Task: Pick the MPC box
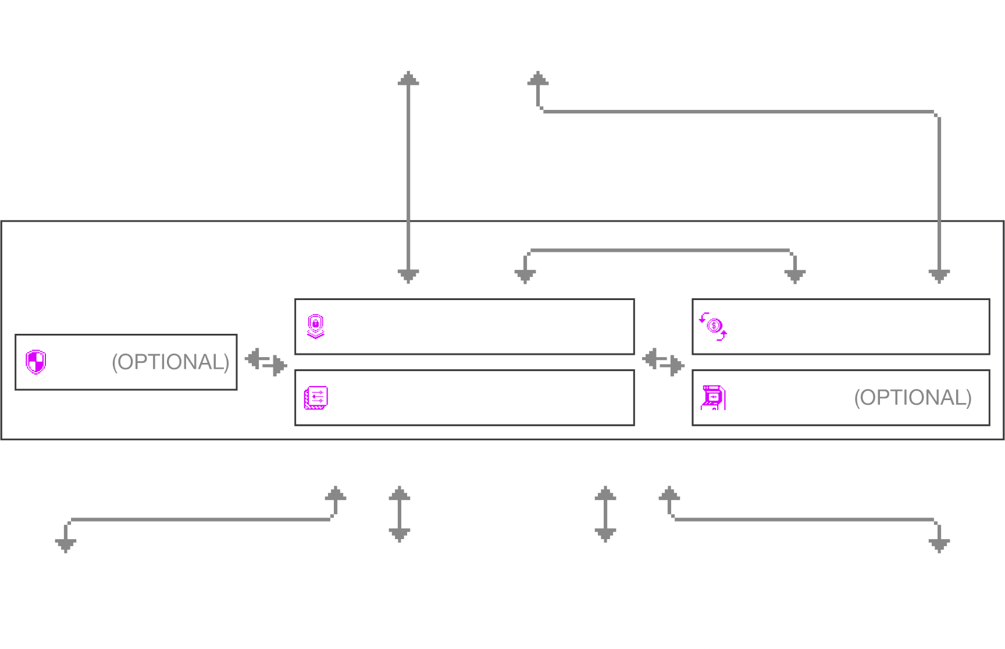(x=126, y=362)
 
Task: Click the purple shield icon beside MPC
(x=36, y=362)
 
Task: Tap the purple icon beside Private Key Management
(x=316, y=326)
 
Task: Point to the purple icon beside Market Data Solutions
(x=316, y=398)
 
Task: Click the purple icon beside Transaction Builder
(x=713, y=326)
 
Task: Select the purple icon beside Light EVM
(x=713, y=398)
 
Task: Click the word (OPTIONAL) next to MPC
(x=170, y=362)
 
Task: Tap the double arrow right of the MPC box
(x=266, y=362)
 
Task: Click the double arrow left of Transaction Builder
(x=663, y=362)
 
